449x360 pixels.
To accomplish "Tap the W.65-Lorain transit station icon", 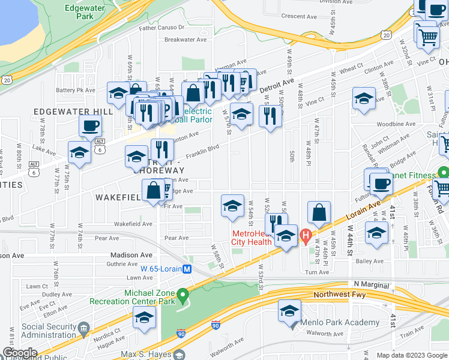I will coord(187,269).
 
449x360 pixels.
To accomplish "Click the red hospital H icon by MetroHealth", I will coord(305,235).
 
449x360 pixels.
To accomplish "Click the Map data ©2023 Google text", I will coord(411,355).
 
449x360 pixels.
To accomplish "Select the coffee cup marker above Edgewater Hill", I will coord(90,126).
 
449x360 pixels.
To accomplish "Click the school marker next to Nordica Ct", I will coord(144,318).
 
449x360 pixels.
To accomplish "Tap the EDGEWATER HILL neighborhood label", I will coord(73,112).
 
